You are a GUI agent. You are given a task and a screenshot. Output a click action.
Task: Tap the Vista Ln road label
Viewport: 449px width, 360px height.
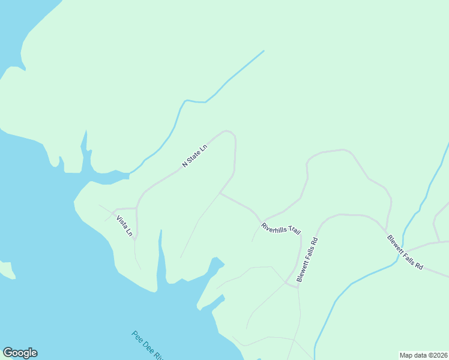tap(124, 226)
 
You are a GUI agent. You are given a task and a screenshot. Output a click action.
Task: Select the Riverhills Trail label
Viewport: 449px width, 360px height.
tap(280, 229)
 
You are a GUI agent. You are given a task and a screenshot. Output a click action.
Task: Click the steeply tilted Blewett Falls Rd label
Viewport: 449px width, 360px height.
tap(307, 260)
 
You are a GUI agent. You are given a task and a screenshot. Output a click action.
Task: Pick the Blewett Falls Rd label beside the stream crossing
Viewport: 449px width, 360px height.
tap(405, 252)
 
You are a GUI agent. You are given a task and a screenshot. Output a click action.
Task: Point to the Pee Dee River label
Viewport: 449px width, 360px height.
tap(148, 345)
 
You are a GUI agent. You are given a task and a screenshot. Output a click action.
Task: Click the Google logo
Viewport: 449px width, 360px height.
tap(20, 353)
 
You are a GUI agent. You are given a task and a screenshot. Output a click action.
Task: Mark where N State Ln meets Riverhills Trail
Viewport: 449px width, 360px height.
tap(220, 193)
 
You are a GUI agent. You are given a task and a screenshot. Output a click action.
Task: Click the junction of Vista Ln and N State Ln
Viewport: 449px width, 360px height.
tap(137, 208)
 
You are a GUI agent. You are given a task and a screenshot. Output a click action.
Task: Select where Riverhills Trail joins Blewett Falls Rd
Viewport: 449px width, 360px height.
tap(297, 287)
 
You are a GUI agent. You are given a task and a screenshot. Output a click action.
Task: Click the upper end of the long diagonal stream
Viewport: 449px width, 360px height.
tap(264, 51)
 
